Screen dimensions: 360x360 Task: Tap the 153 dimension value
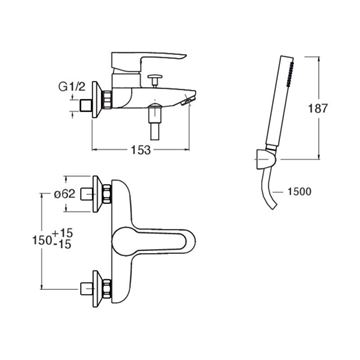point(140,150)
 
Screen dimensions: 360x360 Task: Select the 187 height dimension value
point(316,108)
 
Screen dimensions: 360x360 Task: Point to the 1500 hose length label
point(298,191)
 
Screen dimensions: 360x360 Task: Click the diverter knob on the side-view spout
point(155,81)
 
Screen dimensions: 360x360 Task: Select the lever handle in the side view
point(148,61)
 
